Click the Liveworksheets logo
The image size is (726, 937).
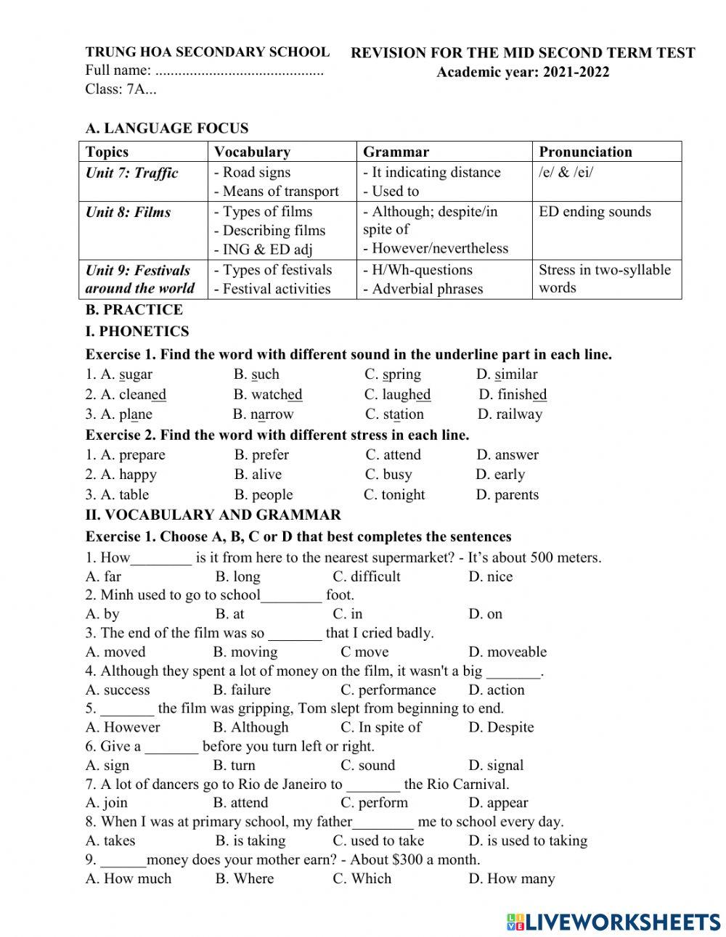tap(613, 922)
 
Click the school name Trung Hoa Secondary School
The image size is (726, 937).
tap(207, 52)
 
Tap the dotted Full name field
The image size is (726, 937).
tap(240, 71)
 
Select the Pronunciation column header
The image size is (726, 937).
tap(585, 152)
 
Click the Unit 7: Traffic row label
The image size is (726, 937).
tap(131, 173)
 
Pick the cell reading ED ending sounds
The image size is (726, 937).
tap(595, 212)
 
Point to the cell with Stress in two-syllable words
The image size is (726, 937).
tap(604, 279)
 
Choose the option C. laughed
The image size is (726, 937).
tap(397, 395)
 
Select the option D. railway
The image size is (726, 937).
tap(510, 414)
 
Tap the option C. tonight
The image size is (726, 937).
tap(394, 495)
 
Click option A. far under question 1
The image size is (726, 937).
tap(103, 577)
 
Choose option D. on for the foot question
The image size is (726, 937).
tap(485, 614)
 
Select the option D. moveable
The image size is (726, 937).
tap(507, 652)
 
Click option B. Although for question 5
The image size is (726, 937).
tap(250, 727)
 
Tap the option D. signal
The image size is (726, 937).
tap(496, 765)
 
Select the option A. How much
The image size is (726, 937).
tap(129, 878)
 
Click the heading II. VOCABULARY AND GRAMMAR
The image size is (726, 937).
tap(213, 515)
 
